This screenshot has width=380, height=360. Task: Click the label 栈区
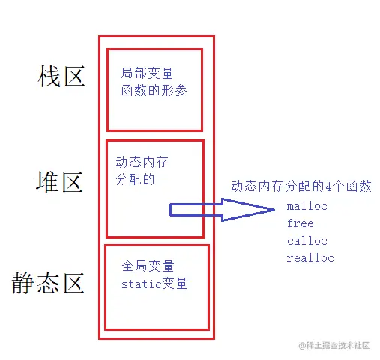pyautogui.click(x=61, y=76)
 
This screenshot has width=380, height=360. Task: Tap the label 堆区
pyautogui.click(x=59, y=182)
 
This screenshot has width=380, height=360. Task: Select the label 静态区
pyautogui.click(x=48, y=283)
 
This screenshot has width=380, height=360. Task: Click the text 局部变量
pyautogui.click(x=147, y=73)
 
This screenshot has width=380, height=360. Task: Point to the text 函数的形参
pyautogui.click(x=154, y=90)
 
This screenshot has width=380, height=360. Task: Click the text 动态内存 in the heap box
pyautogui.click(x=142, y=163)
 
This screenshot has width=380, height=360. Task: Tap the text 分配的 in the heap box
pyautogui.click(x=135, y=179)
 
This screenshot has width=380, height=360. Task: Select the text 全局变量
pyautogui.click(x=148, y=265)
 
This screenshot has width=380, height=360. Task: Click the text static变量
pyautogui.click(x=154, y=283)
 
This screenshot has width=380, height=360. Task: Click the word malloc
pyautogui.click(x=307, y=206)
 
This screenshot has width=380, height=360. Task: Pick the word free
pyautogui.click(x=301, y=223)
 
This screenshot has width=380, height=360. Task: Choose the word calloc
pyautogui.click(x=307, y=241)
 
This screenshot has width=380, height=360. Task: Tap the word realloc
pyautogui.click(x=310, y=258)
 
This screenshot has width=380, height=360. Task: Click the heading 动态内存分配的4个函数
pyautogui.click(x=301, y=186)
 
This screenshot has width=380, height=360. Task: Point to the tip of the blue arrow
pyautogui.click(x=275, y=210)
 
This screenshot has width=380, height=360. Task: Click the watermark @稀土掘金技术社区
pyautogui.click(x=334, y=345)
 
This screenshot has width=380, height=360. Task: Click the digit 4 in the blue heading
pyautogui.click(x=328, y=187)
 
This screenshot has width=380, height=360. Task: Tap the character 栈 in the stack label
pyautogui.click(x=49, y=76)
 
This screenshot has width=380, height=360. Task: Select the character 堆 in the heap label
pyautogui.click(x=47, y=182)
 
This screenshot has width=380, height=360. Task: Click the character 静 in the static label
pyautogui.click(x=23, y=283)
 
